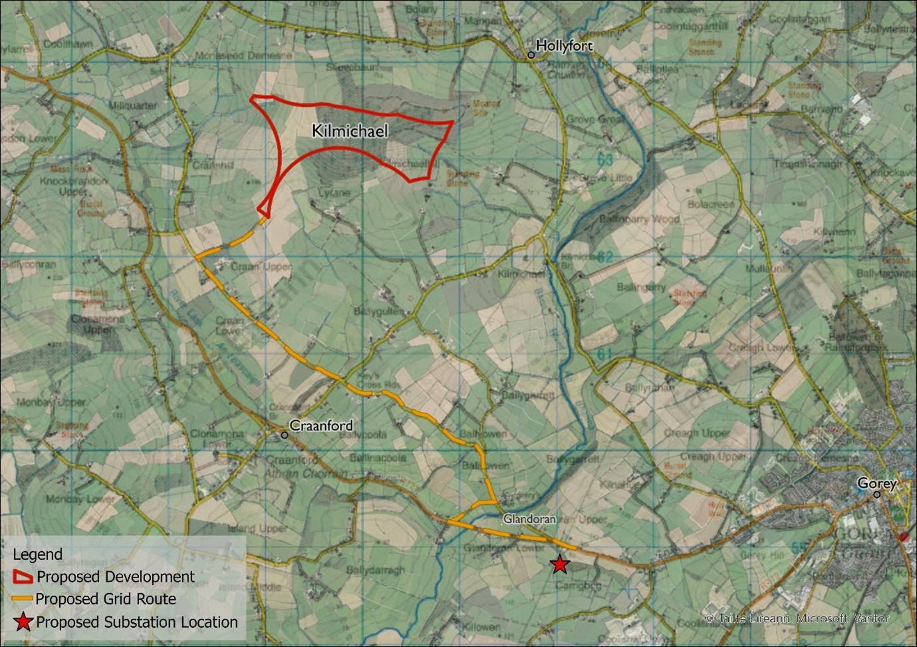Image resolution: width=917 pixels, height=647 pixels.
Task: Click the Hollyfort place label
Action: (x=564, y=46)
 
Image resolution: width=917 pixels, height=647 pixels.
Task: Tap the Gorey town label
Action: (x=876, y=483)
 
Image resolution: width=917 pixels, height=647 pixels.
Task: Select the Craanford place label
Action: (x=321, y=425)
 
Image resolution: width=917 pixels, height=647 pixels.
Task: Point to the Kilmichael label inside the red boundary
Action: (x=350, y=131)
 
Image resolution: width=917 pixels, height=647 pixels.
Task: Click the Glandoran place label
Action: (x=529, y=519)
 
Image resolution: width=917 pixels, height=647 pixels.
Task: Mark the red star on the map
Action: (x=560, y=564)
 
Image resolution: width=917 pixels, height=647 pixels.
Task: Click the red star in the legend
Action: (x=24, y=622)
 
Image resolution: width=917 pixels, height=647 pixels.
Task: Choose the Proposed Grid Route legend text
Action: (x=106, y=599)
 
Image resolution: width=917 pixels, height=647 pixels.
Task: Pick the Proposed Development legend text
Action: (x=116, y=576)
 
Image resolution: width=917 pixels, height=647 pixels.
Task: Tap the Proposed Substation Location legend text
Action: (x=137, y=622)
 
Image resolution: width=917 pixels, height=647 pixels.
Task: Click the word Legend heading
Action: (x=37, y=554)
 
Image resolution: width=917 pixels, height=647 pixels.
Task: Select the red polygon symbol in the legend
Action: (x=24, y=576)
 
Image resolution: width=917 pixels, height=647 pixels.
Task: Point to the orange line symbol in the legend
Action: (x=23, y=599)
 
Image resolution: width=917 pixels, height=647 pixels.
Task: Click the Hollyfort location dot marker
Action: (x=531, y=55)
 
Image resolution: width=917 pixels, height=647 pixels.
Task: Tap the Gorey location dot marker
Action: (x=876, y=495)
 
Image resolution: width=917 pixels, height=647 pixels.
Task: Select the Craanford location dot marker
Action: (x=285, y=435)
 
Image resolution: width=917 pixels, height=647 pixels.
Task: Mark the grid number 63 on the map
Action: (x=604, y=160)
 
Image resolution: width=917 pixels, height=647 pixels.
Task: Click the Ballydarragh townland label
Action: (x=375, y=570)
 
